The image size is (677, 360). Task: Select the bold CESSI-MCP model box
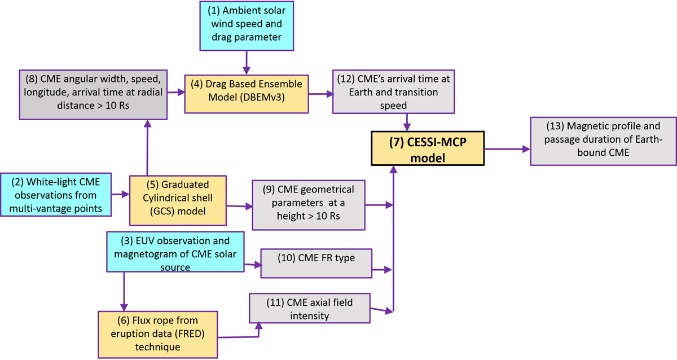(427, 148)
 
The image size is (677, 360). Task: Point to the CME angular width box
(94, 94)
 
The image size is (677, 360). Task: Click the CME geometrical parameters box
(309, 205)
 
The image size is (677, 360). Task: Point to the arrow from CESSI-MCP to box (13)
(507, 149)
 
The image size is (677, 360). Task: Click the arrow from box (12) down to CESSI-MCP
(406, 120)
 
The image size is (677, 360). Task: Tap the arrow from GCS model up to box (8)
(147, 148)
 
